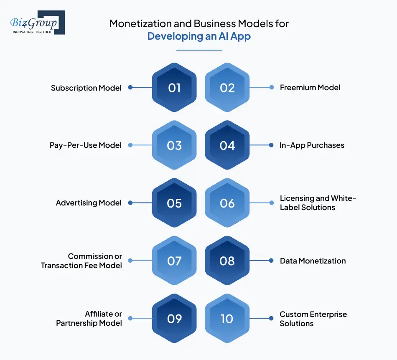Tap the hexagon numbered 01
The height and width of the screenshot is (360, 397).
click(174, 88)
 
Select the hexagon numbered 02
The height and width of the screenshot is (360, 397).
click(227, 88)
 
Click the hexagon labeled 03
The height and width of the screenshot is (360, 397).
click(174, 145)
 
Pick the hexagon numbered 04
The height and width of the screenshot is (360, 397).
click(227, 145)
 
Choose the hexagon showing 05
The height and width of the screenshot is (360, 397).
click(174, 203)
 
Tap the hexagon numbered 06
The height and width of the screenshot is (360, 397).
click(227, 203)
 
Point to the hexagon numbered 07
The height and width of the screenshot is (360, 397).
click(174, 261)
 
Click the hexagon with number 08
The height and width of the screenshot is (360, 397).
click(227, 261)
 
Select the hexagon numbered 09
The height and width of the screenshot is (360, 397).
click(174, 319)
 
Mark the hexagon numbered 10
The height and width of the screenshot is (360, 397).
click(227, 319)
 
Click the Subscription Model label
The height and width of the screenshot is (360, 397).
click(86, 88)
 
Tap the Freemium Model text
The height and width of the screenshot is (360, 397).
click(310, 88)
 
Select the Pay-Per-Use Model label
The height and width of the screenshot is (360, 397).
click(85, 145)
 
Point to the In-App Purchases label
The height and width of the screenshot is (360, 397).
click(312, 145)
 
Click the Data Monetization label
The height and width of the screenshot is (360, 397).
click(313, 261)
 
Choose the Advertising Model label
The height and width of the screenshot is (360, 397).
click(89, 203)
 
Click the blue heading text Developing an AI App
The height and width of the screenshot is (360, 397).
click(199, 36)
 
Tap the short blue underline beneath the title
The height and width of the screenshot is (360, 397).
click(199, 50)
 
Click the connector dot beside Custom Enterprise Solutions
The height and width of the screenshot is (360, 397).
click(271, 319)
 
